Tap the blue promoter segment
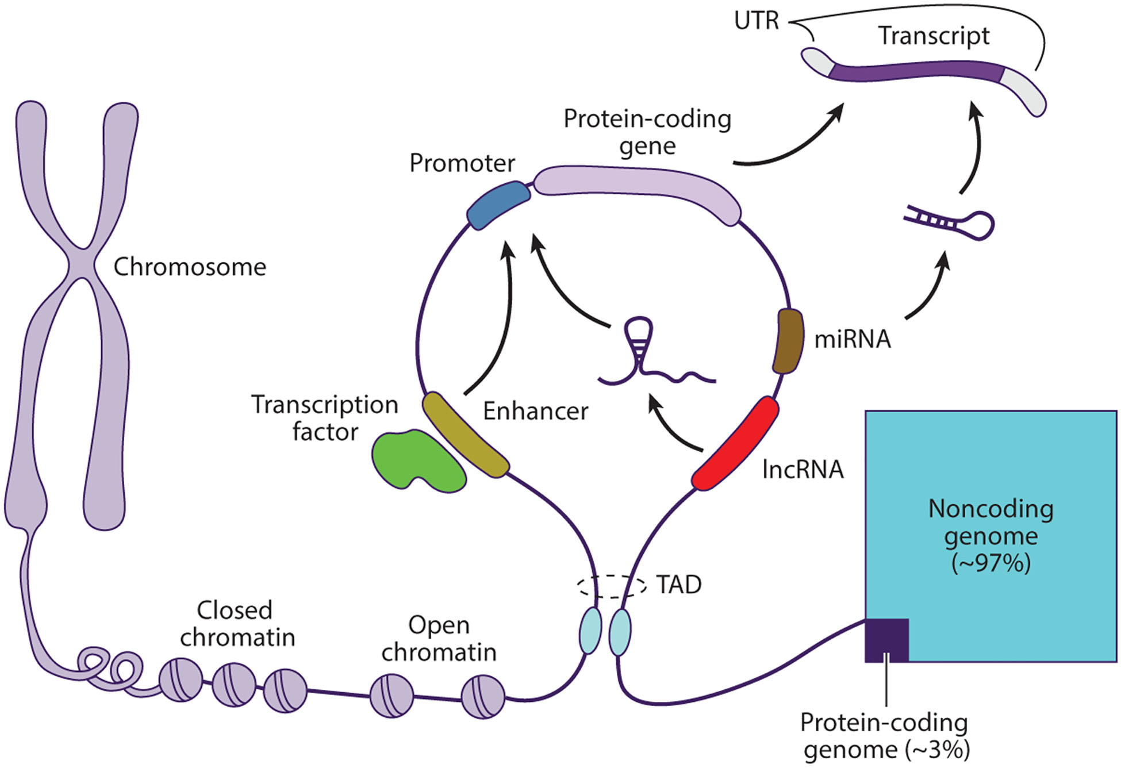498,205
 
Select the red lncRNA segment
735,443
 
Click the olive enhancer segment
465,435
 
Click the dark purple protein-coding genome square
886,640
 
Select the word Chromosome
190,267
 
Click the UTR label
756,21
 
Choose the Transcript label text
933,36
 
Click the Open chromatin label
439,639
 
